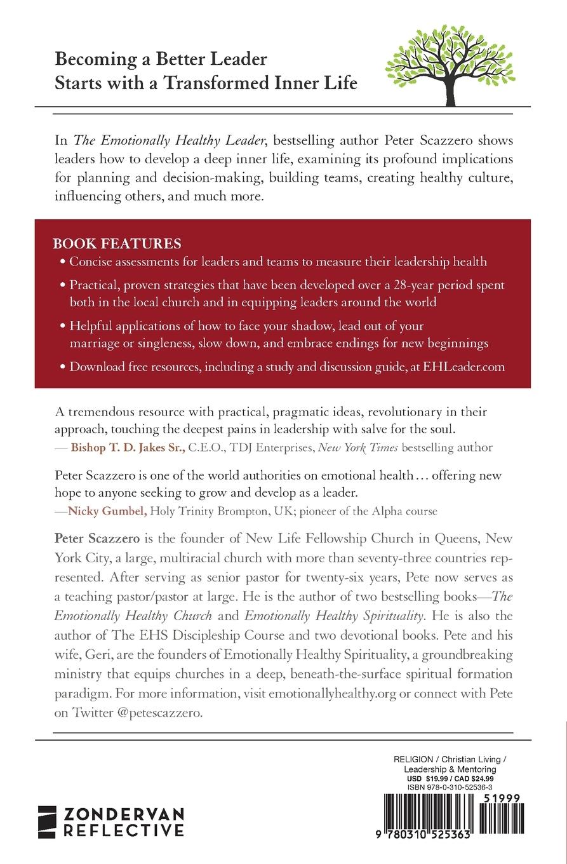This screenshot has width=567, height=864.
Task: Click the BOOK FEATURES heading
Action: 117,244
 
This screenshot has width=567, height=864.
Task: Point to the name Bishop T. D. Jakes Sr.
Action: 128,447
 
